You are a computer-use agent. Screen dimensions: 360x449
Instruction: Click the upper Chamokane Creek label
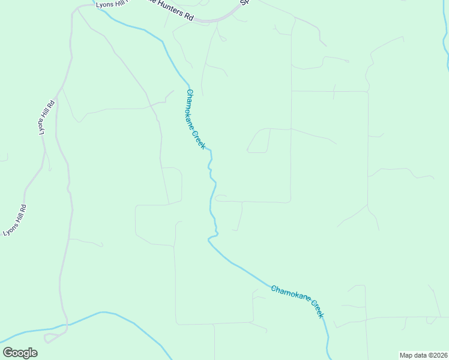196,119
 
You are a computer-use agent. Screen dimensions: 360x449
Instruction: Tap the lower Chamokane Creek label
297,301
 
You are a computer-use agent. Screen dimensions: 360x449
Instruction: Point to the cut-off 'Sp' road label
244,2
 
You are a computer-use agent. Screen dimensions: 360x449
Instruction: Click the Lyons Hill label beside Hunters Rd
111,5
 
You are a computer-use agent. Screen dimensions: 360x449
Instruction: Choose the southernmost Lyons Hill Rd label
15,220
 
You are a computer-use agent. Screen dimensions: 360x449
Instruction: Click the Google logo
20,353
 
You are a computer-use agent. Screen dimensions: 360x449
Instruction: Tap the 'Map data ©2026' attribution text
423,355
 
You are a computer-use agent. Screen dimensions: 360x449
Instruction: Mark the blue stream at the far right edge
445,48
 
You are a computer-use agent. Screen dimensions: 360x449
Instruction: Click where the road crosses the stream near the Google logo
66,325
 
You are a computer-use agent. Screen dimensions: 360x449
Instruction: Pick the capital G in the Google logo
8,353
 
